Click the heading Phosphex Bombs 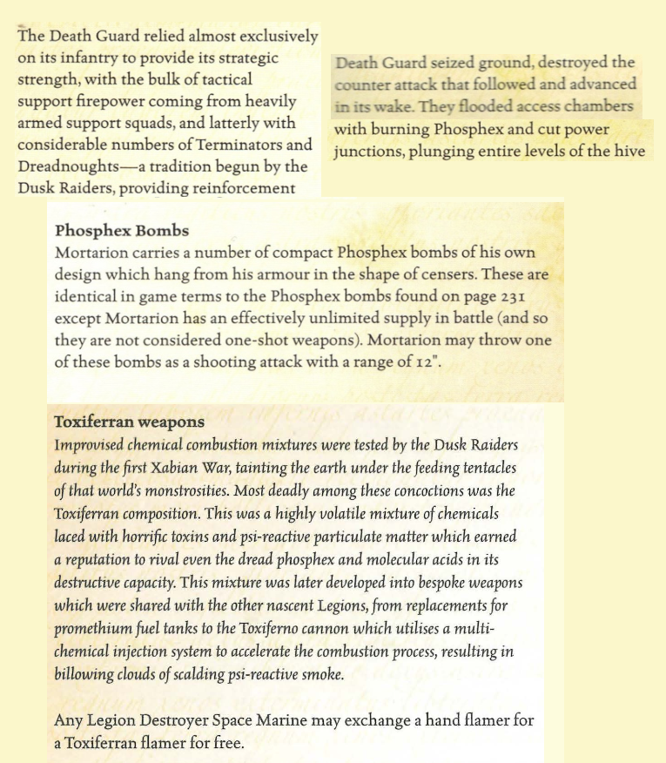coord(122,232)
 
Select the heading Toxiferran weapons coord(130,422)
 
